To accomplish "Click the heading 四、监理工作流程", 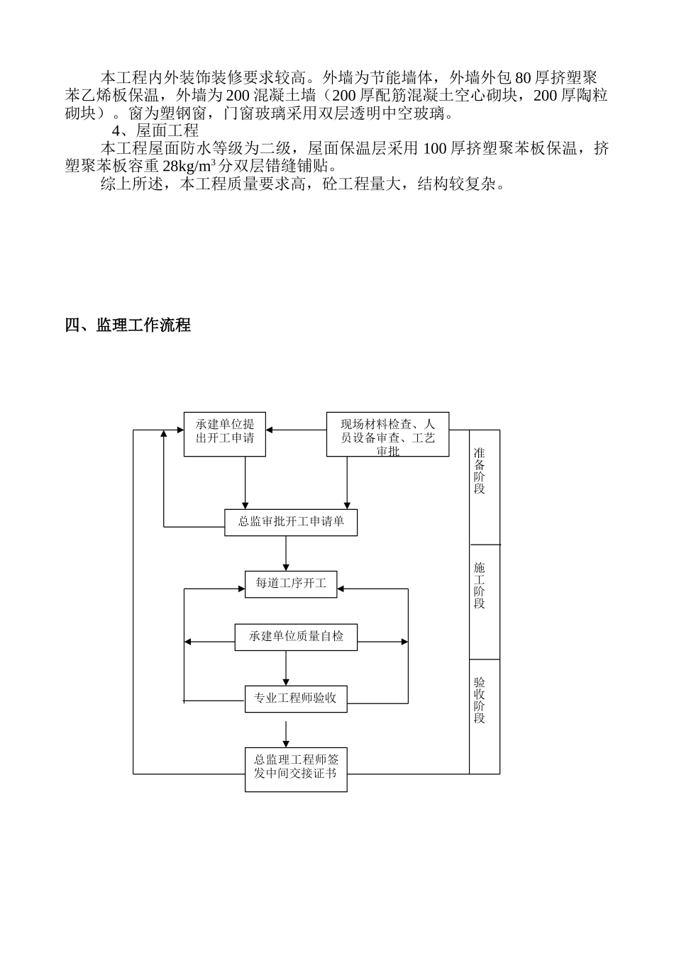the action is click(x=127, y=325).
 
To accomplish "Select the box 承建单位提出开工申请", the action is click(x=224, y=434).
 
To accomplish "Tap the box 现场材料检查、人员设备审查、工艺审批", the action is click(x=387, y=434).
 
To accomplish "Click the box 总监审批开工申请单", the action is click(x=291, y=522).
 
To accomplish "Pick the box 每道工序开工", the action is click(x=291, y=584).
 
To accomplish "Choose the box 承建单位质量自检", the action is click(x=296, y=637).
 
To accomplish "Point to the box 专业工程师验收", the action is click(x=296, y=698).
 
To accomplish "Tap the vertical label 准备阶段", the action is click(x=480, y=471).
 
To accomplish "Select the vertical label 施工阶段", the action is click(x=480, y=585).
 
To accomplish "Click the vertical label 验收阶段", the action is click(x=480, y=700).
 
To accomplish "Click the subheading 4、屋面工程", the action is click(x=155, y=130).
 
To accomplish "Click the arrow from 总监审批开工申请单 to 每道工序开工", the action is click(x=286, y=553).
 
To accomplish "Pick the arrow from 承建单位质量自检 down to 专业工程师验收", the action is click(x=286, y=668).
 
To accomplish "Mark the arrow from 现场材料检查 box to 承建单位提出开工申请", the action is click(x=296, y=430).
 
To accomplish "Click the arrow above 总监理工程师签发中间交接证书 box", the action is click(x=286, y=734).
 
